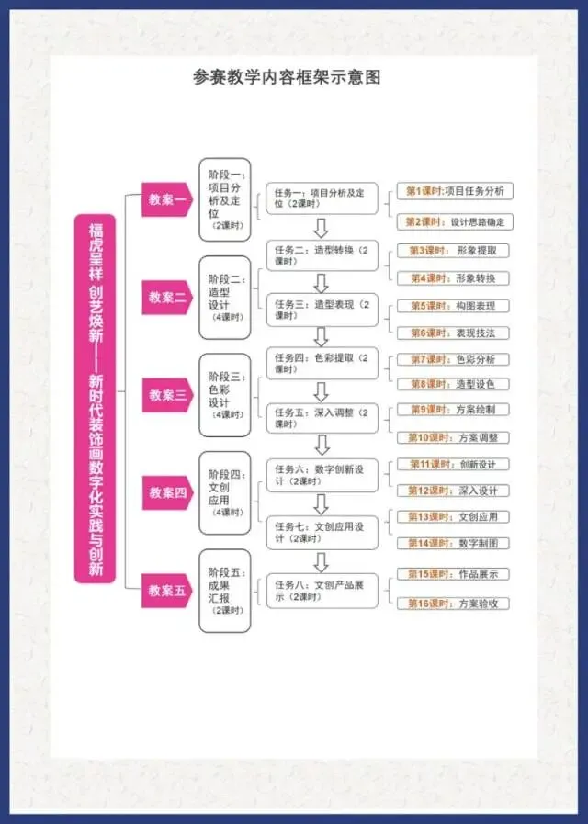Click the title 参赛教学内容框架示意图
tap(287, 78)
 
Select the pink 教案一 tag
tap(166, 199)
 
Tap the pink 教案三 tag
tap(167, 395)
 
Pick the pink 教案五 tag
tap(166, 590)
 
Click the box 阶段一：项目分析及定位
tap(225, 199)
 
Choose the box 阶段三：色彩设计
tap(225, 395)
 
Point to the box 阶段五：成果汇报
tap(225, 590)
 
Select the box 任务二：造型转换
tap(322, 255)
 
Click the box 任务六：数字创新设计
tap(322, 474)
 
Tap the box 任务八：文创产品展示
tap(322, 590)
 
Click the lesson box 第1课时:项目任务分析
tap(455, 191)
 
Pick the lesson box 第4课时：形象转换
tap(455, 278)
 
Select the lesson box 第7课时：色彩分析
tap(455, 359)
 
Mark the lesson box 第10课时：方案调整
tap(455, 437)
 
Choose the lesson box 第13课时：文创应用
tap(455, 516)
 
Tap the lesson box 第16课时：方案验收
tap(455, 604)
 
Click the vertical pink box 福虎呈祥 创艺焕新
tap(96, 397)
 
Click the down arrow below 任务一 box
tap(322, 228)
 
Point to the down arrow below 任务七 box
tap(322, 560)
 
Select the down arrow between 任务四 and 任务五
tap(322, 390)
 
